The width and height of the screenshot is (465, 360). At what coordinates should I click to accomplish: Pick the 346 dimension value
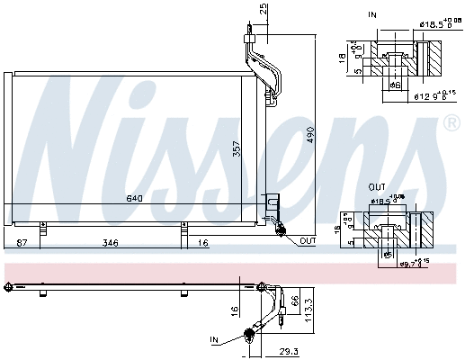point(110,243)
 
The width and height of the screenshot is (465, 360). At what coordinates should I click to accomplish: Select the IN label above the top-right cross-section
point(373,15)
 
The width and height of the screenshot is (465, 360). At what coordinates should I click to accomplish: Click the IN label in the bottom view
point(214,339)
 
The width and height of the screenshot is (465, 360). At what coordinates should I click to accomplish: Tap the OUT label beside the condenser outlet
point(308,240)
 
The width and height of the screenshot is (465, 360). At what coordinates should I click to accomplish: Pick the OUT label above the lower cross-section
point(377,188)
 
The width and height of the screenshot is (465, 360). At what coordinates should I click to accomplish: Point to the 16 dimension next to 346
point(204,243)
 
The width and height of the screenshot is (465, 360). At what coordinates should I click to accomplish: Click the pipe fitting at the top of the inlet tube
point(250,35)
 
